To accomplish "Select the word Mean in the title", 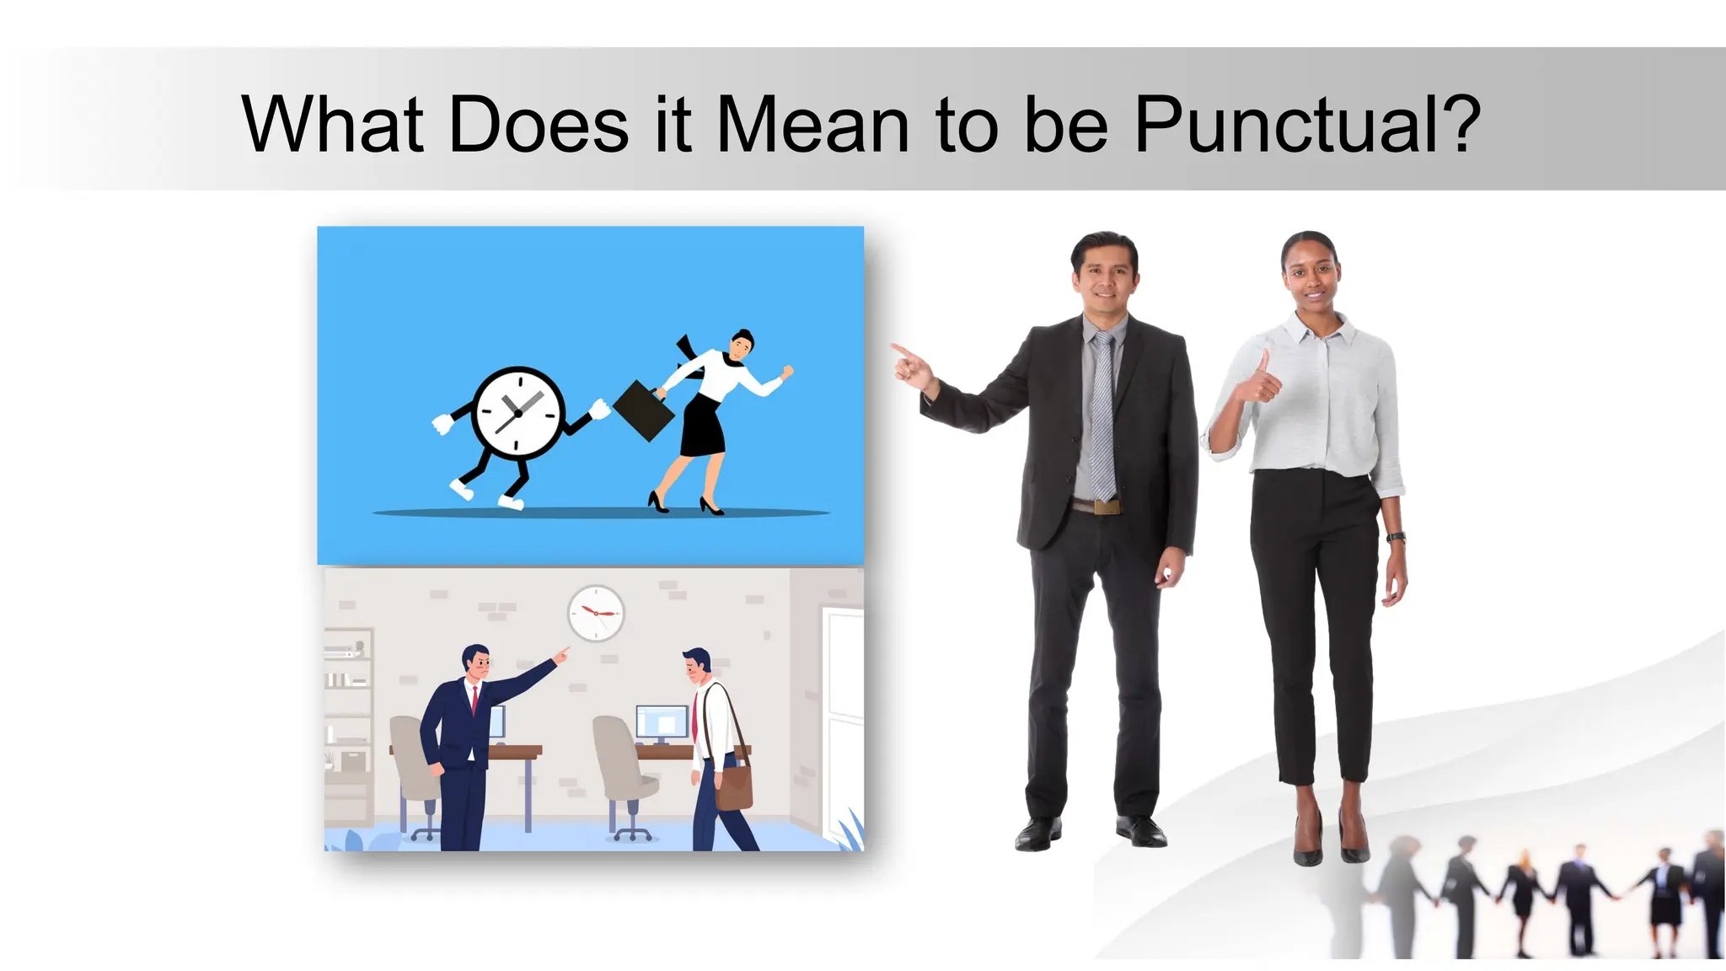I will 812,125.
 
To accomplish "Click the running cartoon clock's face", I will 517,413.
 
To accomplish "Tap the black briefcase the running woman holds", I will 644,410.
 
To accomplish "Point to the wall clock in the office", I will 596,613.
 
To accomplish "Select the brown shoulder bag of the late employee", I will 733,785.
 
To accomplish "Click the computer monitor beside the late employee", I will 662,723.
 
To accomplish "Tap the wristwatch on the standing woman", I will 1396,537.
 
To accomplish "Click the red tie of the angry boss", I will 475,699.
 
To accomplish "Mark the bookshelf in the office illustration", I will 347,725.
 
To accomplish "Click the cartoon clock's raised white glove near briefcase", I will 599,410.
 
